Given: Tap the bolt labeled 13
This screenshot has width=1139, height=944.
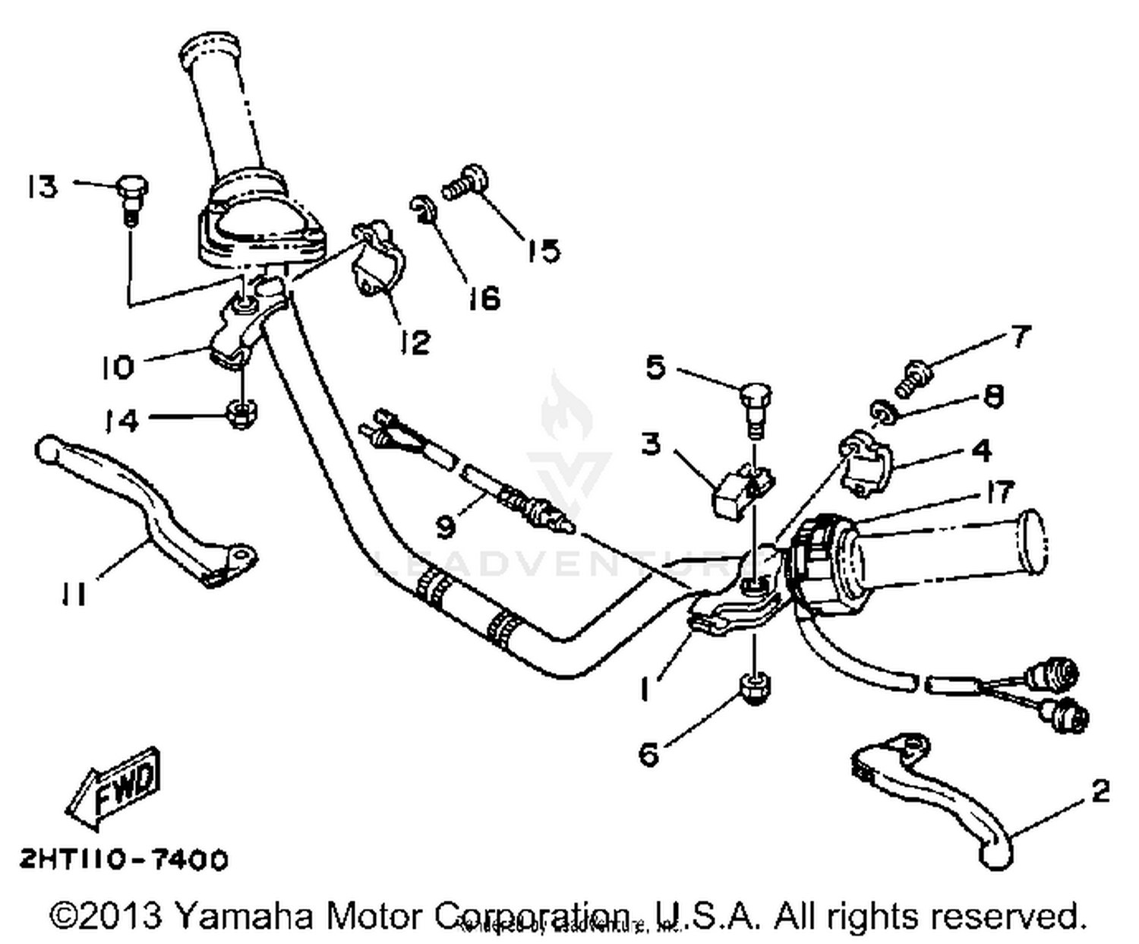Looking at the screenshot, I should coord(132,194).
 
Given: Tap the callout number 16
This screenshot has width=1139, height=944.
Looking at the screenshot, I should coord(484,298).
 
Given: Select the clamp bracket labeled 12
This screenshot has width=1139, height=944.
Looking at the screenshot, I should coord(377,257).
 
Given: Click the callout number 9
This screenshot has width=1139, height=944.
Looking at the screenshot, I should coord(446,525).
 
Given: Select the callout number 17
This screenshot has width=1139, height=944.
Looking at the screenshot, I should coord(1000,492).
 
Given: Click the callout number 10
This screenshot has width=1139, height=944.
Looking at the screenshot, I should coord(118,368).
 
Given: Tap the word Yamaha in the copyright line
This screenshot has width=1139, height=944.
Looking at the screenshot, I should coord(243,916).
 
